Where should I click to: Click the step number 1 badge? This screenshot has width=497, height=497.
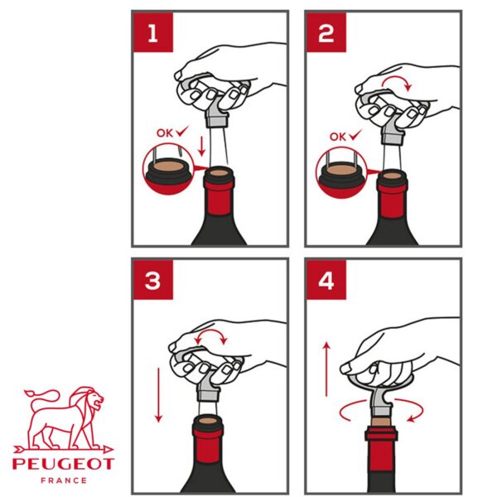tap(153, 32)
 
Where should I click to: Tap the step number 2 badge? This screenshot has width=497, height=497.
tap(326, 32)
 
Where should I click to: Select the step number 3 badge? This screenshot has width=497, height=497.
tap(153, 280)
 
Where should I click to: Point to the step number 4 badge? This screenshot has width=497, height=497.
tap(326, 280)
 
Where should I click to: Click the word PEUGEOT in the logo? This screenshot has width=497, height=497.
tap(63, 464)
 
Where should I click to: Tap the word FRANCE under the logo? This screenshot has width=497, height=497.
tap(64, 480)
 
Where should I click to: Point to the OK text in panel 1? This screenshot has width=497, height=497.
tap(165, 133)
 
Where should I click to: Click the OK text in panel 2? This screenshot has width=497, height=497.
tap(338, 137)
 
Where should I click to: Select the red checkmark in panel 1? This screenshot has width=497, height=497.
tap(182, 131)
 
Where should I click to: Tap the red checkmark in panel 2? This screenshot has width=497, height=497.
tap(355, 135)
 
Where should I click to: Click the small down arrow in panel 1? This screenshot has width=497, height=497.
tap(201, 146)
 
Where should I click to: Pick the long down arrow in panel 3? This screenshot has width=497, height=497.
tap(158, 395)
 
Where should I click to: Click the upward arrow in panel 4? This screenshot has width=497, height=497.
tap(326, 369)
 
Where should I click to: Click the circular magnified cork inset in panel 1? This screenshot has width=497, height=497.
tap(168, 169)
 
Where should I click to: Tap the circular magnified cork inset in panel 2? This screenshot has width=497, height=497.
tap(341, 173)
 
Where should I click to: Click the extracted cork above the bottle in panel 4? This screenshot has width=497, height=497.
tap(381, 422)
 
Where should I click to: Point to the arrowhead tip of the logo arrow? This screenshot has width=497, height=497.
tap(113, 449)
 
